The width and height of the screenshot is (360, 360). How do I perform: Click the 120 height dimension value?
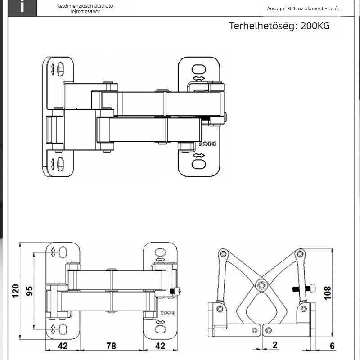(15, 291)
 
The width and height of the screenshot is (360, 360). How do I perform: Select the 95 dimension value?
(29, 291)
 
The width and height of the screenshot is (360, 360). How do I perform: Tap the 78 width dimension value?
(111, 346)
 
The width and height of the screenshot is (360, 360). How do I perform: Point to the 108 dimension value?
(328, 293)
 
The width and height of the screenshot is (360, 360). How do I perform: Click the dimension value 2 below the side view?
(275, 345)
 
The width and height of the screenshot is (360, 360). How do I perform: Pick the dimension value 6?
(332, 346)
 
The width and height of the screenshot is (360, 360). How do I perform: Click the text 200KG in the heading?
(315, 26)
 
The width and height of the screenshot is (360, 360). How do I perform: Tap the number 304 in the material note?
(291, 9)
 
